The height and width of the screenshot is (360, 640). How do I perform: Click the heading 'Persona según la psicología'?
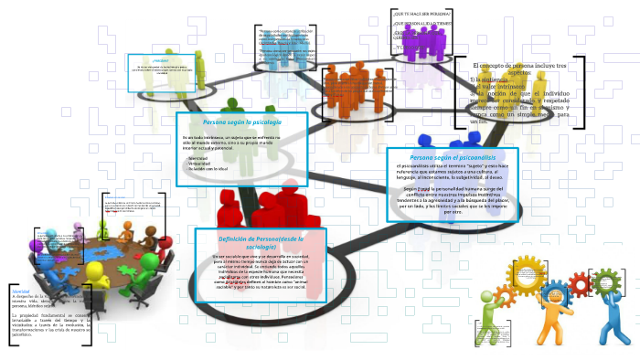tap(241, 122)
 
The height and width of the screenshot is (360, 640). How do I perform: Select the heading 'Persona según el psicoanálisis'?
tap(452, 157)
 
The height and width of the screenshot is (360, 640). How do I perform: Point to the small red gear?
tap(579, 284)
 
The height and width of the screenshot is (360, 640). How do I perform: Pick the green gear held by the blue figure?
tap(605, 278)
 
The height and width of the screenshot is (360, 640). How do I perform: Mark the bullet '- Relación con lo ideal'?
tap(209, 169)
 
